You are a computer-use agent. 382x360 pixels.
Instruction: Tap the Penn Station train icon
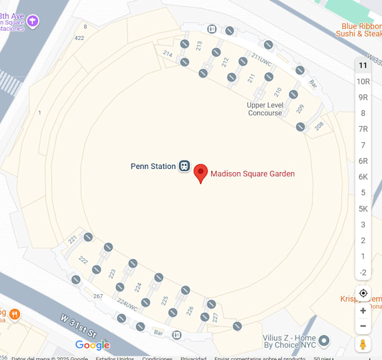(x=184, y=166)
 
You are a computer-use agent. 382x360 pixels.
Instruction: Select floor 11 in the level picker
(x=363, y=65)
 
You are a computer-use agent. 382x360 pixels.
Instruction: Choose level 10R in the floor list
(x=363, y=81)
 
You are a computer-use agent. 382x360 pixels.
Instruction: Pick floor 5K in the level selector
(x=363, y=209)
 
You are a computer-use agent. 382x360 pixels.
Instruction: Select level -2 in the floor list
(x=363, y=272)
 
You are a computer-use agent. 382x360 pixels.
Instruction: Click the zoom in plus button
(x=363, y=310)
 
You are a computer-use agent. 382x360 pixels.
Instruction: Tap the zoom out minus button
(x=363, y=326)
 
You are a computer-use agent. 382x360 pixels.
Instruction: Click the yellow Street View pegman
(x=363, y=344)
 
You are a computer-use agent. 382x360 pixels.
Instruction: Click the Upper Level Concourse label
(x=265, y=109)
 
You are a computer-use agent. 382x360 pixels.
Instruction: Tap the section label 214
(x=167, y=53)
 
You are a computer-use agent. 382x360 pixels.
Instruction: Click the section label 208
(x=319, y=126)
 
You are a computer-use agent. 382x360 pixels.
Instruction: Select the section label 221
(x=72, y=240)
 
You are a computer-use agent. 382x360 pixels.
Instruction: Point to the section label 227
(x=215, y=317)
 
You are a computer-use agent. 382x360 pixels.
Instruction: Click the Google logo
(x=92, y=345)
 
